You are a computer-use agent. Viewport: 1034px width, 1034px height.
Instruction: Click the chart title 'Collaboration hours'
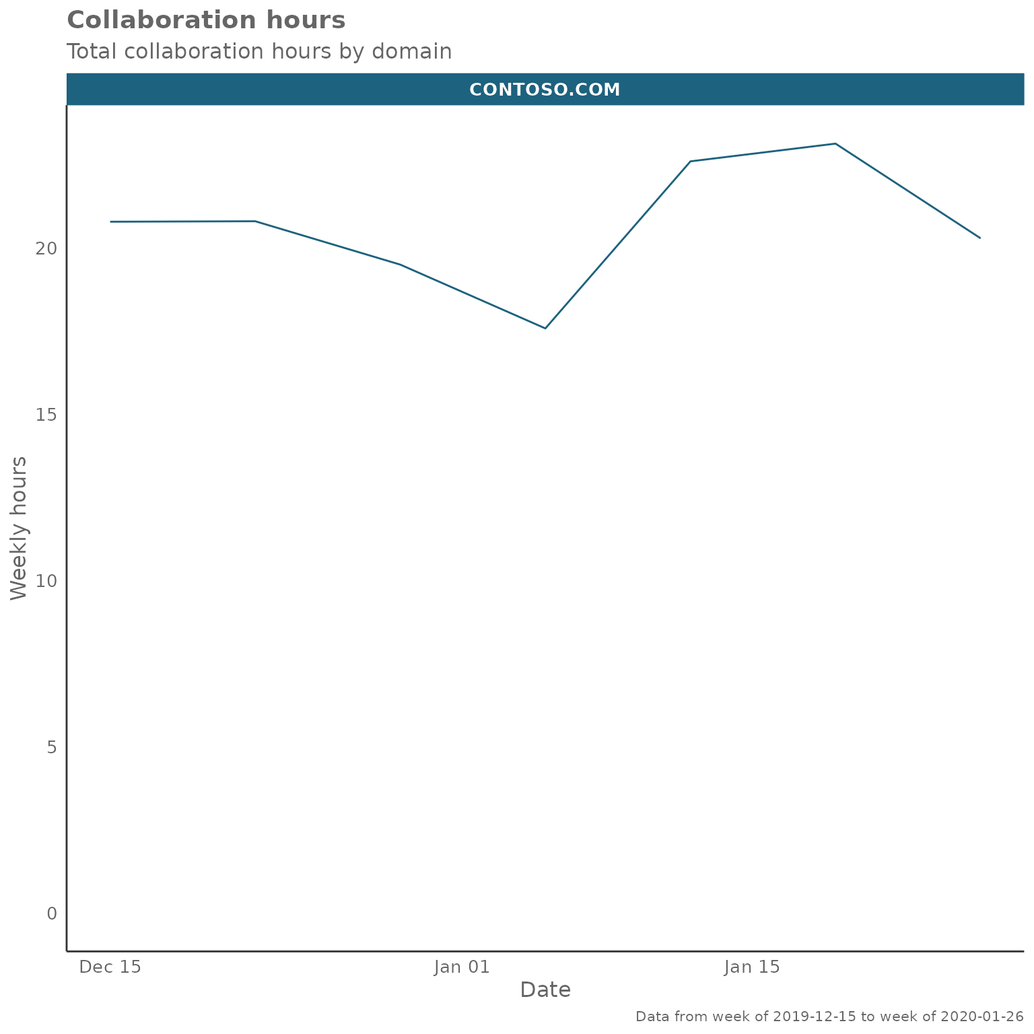(206, 20)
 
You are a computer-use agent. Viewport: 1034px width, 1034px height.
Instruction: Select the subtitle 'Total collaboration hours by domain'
(259, 51)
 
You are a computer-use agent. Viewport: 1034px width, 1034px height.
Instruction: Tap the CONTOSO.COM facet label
(545, 90)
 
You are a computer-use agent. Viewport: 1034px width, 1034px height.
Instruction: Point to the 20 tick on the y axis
(47, 248)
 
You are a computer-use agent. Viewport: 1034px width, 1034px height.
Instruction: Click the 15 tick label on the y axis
(47, 415)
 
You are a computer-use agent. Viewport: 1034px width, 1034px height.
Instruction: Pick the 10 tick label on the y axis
(47, 581)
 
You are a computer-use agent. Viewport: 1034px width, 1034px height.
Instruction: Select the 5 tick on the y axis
(52, 747)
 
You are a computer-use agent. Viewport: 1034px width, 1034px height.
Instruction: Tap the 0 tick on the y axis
(52, 914)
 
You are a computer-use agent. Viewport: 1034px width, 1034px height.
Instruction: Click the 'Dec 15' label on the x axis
(110, 967)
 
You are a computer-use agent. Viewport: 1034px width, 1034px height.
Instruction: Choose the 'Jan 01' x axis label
(461, 967)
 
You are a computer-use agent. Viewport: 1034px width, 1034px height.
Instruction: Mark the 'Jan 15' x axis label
(752, 967)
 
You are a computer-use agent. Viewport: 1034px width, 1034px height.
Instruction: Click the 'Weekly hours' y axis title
(19, 528)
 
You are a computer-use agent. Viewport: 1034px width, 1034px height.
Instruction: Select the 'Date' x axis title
(545, 990)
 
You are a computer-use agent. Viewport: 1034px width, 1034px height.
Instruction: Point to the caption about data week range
(829, 1016)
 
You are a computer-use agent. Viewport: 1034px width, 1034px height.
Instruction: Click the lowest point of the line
(545, 328)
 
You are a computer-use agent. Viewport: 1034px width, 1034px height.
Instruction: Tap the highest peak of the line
(835, 143)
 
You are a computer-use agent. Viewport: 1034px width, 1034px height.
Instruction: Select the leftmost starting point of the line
(110, 221)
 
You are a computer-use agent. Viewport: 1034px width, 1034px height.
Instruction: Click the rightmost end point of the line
(980, 238)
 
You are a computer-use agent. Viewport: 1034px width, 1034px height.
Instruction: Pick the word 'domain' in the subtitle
(411, 51)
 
